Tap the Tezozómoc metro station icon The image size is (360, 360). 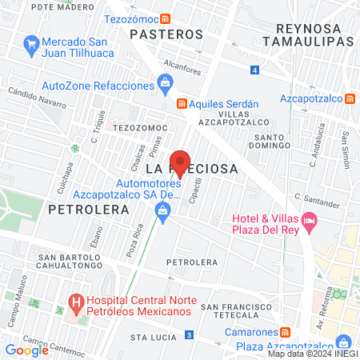pyautogui.click(x=165, y=19)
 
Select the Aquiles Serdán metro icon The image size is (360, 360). pyautogui.click(x=182, y=104)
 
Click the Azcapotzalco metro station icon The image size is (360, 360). pyautogui.click(x=350, y=99)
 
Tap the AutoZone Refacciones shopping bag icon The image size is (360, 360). pyautogui.click(x=165, y=81)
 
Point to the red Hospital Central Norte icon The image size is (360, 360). pyautogui.click(x=76, y=304)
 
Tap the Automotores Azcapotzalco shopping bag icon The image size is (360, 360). pyautogui.click(x=163, y=210)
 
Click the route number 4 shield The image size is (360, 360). pyautogui.click(x=254, y=70)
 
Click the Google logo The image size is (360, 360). pyautogui.click(x=26, y=350)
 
